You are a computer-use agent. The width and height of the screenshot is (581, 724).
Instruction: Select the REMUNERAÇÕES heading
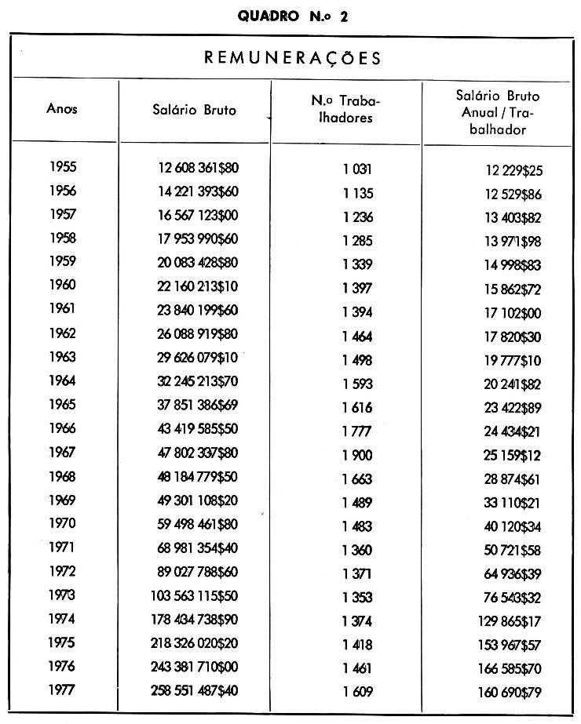click(x=293, y=57)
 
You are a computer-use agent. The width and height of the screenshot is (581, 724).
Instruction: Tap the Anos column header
click(x=62, y=110)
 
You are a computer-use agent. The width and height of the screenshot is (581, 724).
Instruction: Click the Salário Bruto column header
click(x=194, y=110)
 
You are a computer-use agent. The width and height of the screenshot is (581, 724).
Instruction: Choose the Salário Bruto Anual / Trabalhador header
click(x=498, y=112)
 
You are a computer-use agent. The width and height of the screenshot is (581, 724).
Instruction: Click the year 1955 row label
click(x=62, y=167)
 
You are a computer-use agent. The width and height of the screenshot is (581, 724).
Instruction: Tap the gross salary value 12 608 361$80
click(x=198, y=168)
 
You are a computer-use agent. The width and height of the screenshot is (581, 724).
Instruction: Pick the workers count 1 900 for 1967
click(x=356, y=455)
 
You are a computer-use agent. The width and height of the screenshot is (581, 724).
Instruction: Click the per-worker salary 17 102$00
click(x=512, y=314)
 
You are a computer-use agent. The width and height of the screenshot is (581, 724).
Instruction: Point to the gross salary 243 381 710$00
click(x=194, y=668)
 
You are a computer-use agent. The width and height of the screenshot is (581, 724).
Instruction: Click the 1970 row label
click(x=62, y=523)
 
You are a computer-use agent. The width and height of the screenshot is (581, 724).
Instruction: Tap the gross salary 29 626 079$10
click(x=198, y=358)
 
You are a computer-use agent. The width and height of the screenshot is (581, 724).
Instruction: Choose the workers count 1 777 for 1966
click(x=356, y=431)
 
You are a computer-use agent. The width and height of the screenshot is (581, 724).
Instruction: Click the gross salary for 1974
click(x=194, y=620)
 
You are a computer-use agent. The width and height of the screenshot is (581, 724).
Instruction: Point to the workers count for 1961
click(x=356, y=311)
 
